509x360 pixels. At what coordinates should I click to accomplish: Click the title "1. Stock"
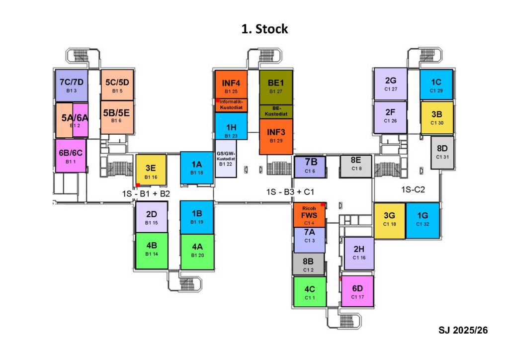pos(264,29)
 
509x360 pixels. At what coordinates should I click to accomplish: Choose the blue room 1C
pos(436,85)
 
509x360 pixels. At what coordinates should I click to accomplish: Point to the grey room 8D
pos(442,152)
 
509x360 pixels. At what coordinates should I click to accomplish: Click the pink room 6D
pos(357,291)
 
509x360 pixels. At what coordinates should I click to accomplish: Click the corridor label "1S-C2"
pos(414,189)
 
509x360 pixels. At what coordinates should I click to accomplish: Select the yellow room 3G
pos(389,220)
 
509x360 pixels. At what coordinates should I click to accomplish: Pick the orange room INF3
pos(275,136)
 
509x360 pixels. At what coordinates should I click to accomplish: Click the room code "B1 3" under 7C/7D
pos(71,91)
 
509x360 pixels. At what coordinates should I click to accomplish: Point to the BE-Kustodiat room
pos(275,111)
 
